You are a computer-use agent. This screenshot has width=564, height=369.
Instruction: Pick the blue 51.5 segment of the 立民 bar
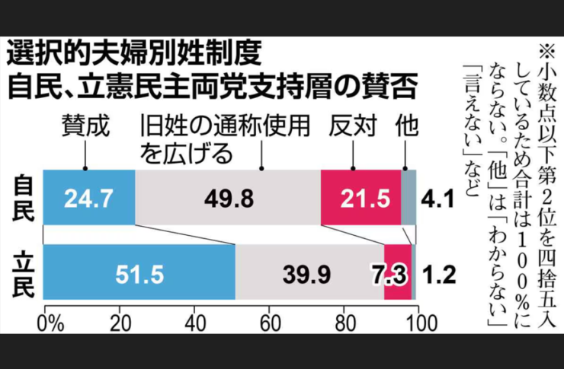point(139,273)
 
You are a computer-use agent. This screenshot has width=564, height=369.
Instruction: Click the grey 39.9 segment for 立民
point(309,273)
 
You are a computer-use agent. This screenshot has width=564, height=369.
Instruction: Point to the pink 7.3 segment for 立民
point(397,273)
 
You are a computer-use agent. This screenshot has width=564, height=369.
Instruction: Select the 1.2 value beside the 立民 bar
point(437,273)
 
